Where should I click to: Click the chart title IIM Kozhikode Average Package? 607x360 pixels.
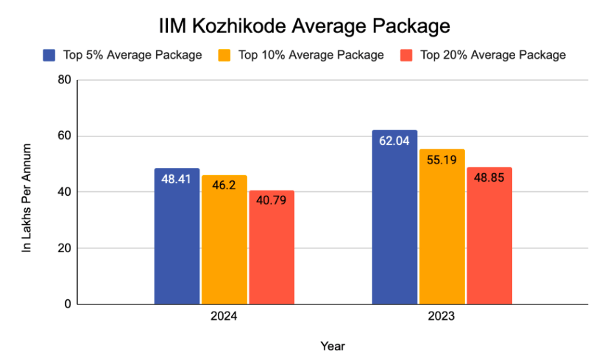(304, 26)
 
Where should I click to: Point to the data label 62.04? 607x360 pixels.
(394, 140)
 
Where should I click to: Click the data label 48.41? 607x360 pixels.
(176, 178)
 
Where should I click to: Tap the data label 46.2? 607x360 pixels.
(224, 185)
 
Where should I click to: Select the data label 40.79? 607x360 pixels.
(272, 200)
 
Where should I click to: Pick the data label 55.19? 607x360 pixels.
(442, 160)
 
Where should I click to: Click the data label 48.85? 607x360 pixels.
(489, 177)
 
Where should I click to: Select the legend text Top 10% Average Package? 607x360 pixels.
(311, 55)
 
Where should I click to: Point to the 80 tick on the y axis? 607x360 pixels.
(63, 81)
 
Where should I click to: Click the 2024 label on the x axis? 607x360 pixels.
(224, 317)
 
